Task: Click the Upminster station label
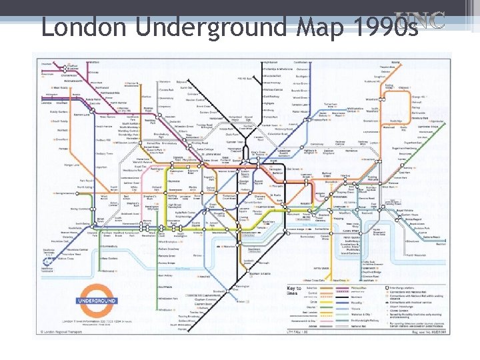pos(437,121)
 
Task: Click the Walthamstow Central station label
pos(355,108)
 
